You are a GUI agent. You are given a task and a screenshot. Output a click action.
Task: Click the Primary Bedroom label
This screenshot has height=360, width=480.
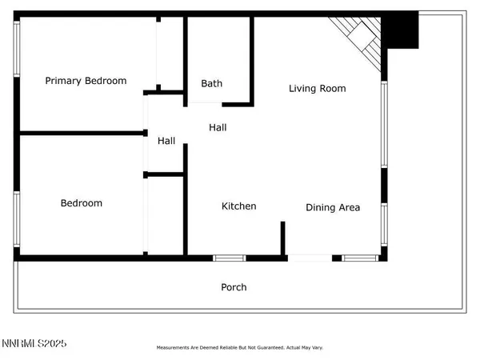click(86, 81)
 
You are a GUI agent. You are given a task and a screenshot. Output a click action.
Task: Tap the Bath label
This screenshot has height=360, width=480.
click(212, 83)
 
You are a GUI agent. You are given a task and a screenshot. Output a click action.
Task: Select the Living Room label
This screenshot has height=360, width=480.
click(318, 89)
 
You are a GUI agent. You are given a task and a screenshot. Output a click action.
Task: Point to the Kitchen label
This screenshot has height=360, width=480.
click(239, 206)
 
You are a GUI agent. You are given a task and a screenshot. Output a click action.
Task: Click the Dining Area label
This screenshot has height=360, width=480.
click(333, 207)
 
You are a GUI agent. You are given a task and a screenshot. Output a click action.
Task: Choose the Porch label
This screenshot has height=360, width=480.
click(234, 287)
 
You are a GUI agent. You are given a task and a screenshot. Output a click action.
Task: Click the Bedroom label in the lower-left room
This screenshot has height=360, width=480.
click(82, 203)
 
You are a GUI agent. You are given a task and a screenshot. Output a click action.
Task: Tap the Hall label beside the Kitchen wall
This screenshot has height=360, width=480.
click(166, 141)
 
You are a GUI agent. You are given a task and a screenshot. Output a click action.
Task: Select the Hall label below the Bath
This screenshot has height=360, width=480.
click(218, 127)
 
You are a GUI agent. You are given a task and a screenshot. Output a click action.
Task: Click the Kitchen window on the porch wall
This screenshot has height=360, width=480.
click(229, 258)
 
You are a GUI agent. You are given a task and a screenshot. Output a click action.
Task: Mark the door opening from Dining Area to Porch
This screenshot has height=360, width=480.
click(310, 258)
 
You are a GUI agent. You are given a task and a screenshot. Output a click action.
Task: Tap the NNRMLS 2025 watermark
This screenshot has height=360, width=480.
click(34, 344)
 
